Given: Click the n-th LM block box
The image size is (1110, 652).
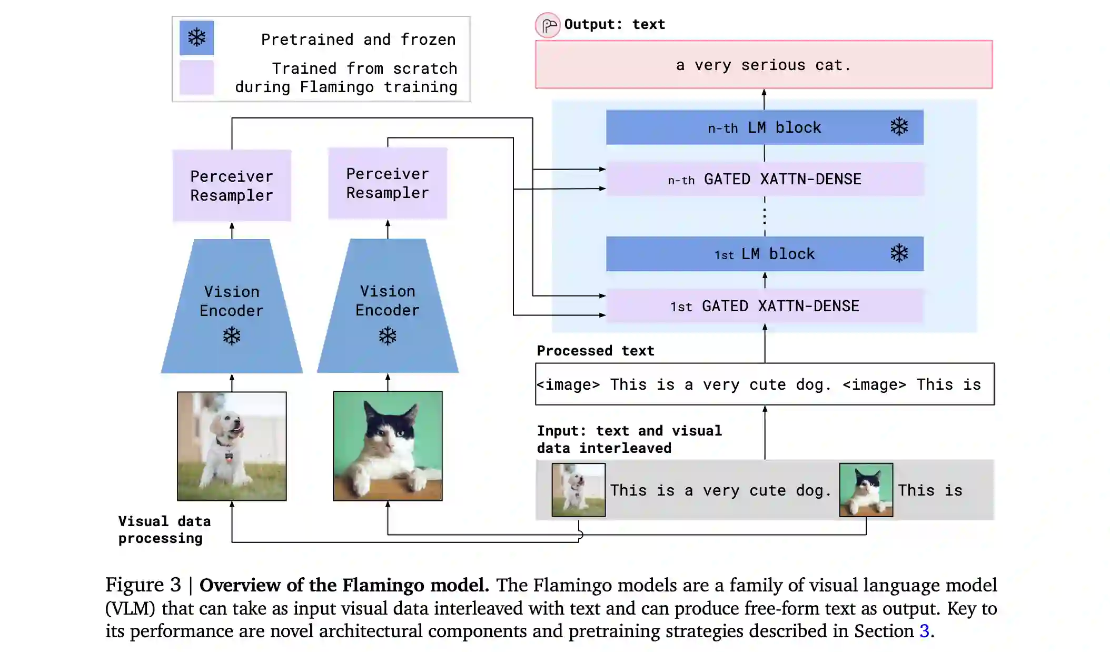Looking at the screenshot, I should click(x=764, y=127).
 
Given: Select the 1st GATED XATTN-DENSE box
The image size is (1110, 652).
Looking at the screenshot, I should click(x=764, y=306).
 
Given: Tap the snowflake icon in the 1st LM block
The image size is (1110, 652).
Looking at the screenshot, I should click(x=899, y=253).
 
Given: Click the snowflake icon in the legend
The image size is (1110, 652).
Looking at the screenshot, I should click(x=196, y=38).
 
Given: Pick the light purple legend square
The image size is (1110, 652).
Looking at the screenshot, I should click(x=196, y=77).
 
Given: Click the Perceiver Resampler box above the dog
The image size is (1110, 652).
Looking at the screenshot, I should click(x=232, y=185).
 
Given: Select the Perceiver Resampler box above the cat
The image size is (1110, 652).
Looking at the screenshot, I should click(x=388, y=183).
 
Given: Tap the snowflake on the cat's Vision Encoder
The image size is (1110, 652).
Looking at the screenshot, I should click(x=388, y=336).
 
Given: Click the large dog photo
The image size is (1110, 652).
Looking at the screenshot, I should click(x=232, y=446).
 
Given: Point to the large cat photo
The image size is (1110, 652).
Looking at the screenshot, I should click(x=388, y=446).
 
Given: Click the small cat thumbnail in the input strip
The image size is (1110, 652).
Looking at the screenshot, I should click(x=866, y=490).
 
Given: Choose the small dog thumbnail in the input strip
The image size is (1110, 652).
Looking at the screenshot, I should click(x=578, y=490).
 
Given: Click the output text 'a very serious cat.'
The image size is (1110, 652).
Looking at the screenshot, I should click(x=764, y=65).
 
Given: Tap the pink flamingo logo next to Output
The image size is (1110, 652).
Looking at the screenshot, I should click(x=548, y=25).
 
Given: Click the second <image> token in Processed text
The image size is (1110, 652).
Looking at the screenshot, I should click(x=874, y=385).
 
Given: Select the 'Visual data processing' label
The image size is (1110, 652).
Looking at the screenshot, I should click(x=164, y=529).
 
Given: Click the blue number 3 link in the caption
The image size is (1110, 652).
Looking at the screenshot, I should click(x=924, y=631).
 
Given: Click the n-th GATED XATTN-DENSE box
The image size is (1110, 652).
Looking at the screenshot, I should click(x=764, y=179).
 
